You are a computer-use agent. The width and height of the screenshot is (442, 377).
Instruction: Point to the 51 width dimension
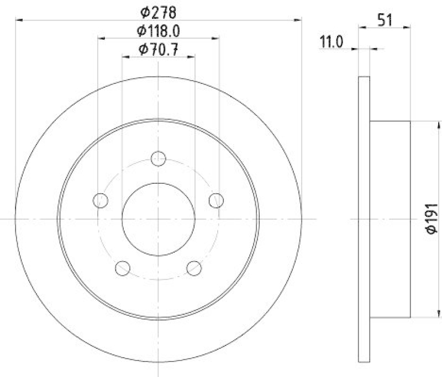[x=385, y=20]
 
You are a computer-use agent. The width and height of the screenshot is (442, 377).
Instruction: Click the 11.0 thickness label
[x=331, y=40]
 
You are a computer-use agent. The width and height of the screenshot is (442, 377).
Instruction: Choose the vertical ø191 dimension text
[x=432, y=219]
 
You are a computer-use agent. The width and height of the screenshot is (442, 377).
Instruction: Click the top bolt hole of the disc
[x=159, y=158]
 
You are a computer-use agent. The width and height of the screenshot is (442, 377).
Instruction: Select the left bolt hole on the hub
[x=101, y=200]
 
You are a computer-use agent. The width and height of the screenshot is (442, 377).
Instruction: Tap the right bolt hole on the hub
[x=216, y=200]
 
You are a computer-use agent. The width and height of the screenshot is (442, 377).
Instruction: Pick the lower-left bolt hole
[x=123, y=268]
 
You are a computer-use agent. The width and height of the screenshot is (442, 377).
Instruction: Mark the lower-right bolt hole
[x=194, y=268]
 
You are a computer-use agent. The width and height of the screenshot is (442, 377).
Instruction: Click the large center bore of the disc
[x=159, y=219]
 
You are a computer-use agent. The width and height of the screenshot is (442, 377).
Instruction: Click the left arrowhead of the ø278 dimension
[x=19, y=20]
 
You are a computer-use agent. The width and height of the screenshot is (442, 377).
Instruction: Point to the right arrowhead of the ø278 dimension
[x=298, y=20]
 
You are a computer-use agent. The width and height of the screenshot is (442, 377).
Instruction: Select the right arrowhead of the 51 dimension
[x=407, y=25]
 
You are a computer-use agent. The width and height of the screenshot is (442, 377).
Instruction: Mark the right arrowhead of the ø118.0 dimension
[x=216, y=39]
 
